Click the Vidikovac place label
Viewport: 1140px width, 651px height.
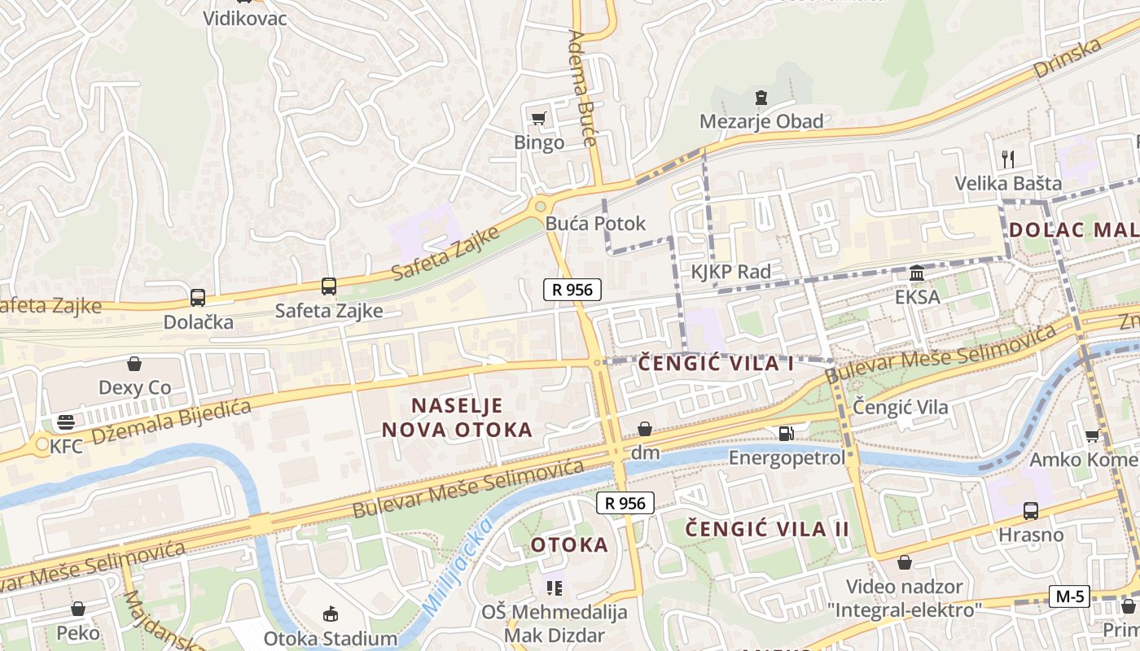tap(245, 18)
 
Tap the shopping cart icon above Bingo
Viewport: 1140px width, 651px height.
tap(538, 120)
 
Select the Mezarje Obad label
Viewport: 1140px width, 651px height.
tap(761, 122)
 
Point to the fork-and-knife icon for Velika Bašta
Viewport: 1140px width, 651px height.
tap(1008, 159)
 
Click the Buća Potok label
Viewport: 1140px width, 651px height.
tap(595, 224)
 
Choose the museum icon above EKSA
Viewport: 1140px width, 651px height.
tap(917, 273)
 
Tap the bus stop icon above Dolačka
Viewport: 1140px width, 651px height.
tap(198, 298)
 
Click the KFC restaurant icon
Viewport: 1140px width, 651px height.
tap(66, 422)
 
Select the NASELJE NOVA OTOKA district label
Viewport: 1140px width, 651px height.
tap(457, 417)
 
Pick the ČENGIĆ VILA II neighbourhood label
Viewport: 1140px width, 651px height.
tap(767, 530)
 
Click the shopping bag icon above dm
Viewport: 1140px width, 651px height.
tap(645, 429)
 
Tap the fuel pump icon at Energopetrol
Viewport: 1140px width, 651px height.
tap(786, 434)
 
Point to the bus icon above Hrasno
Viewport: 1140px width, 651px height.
tap(1030, 511)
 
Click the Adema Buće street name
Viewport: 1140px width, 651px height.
tap(583, 88)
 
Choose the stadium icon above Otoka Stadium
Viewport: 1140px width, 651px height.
tap(331, 614)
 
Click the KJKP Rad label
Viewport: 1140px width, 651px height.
tap(730, 272)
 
